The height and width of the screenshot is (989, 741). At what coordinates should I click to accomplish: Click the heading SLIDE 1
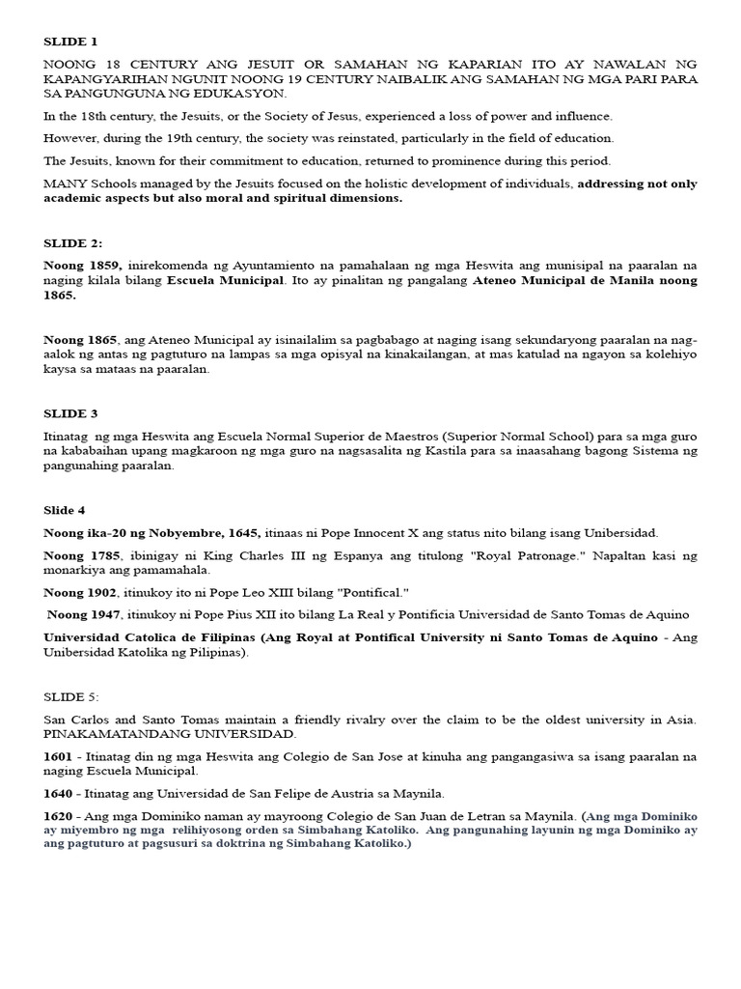coord(70,42)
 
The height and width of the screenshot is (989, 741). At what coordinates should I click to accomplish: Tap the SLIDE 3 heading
coord(70,413)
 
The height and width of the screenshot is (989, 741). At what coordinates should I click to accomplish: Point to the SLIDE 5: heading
coord(71,695)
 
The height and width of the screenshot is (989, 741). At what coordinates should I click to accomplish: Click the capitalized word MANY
coord(65,184)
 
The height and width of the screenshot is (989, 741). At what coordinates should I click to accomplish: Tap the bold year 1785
coord(101,556)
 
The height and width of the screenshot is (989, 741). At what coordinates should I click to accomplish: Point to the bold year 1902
coord(101,592)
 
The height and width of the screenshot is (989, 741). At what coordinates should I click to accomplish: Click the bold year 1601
coord(59,757)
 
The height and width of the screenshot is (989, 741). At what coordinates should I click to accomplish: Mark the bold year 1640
coord(59,794)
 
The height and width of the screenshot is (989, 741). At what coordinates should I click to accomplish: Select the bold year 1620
coord(59,817)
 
